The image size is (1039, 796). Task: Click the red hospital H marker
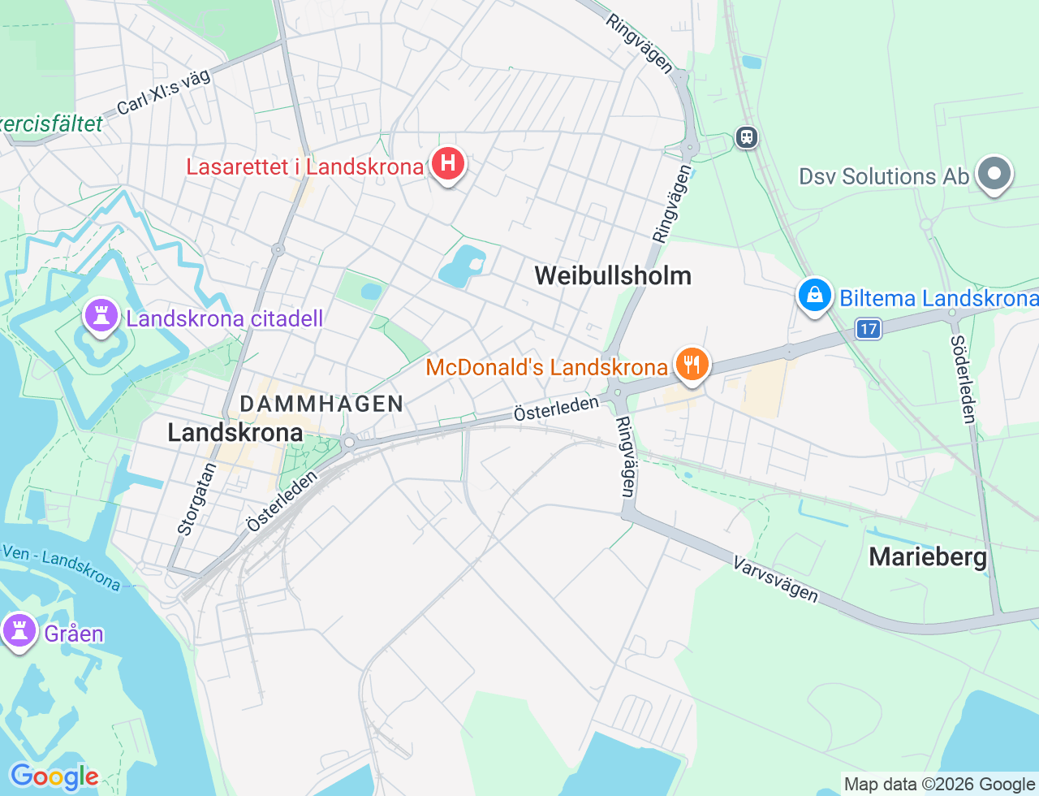[x=447, y=164]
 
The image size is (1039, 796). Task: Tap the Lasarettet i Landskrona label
[x=305, y=167]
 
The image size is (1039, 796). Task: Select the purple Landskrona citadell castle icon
[x=101, y=317]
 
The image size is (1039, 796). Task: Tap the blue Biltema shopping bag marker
[x=814, y=296]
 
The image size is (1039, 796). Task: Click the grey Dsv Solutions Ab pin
[x=994, y=174]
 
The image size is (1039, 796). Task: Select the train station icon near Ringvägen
[x=746, y=137]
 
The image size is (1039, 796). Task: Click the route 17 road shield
[x=869, y=329]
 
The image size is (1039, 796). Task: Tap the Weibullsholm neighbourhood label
[x=613, y=275]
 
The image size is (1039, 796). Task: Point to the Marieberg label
[x=928, y=557]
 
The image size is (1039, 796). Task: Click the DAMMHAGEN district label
[x=321, y=404]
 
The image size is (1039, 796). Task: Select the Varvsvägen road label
[x=775, y=579]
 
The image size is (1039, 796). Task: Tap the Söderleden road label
[x=963, y=379]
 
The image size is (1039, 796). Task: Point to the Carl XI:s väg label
[x=163, y=93]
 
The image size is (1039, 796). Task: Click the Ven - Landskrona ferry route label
[x=60, y=566]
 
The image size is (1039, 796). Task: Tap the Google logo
[x=54, y=777]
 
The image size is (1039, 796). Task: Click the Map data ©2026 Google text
[x=939, y=784]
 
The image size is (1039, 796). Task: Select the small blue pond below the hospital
[x=462, y=266]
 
